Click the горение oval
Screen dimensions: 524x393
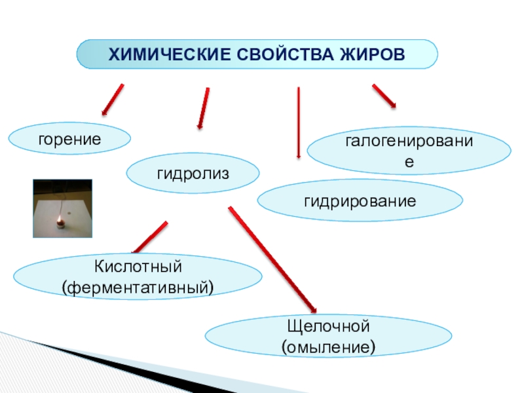(x=69, y=139)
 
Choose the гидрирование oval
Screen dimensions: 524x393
(x=360, y=201)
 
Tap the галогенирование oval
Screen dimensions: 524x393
(x=409, y=151)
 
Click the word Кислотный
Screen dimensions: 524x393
(x=138, y=267)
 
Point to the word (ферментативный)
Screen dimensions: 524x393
(x=138, y=286)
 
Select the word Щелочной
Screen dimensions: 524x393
(x=329, y=326)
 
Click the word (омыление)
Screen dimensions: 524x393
(x=329, y=345)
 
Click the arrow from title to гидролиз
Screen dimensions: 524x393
(x=204, y=107)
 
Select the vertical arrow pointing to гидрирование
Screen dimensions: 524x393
(x=299, y=122)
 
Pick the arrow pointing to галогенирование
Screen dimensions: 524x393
(x=384, y=95)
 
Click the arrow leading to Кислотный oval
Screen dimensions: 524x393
(x=150, y=238)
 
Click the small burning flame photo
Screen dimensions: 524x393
(x=63, y=208)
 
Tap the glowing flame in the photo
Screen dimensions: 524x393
(x=60, y=221)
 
